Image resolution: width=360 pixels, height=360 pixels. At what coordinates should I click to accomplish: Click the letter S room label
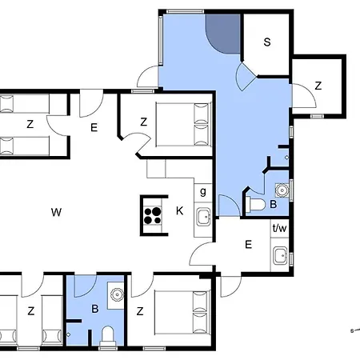coord(267,42)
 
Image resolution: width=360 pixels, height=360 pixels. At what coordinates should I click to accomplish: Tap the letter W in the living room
coord(56,212)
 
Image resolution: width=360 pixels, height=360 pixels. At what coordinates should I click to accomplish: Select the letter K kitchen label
coord(180,210)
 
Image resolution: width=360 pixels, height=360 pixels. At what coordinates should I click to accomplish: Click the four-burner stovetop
coord(153,216)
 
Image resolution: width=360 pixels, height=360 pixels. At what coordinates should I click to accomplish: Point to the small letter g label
coord(203,191)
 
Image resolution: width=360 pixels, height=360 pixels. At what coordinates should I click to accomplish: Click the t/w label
coord(280,228)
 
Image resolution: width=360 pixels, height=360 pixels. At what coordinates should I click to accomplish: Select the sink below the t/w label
coord(280,255)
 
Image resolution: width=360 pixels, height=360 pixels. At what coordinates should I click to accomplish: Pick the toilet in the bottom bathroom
coord(108,336)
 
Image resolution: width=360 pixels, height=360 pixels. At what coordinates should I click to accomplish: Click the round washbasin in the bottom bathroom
coord(117,294)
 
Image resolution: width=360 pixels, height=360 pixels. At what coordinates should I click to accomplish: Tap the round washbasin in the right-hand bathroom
coord(282,190)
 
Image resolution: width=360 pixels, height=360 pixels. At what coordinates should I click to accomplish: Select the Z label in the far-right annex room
coord(318,86)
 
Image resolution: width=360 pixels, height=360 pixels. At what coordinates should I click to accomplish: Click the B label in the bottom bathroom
coord(95,309)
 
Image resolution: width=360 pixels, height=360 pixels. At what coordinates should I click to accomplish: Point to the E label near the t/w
coord(248,244)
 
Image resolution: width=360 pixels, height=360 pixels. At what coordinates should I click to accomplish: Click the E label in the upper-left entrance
coord(94,127)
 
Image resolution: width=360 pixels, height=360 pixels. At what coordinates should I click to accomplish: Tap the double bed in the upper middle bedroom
coord(184,124)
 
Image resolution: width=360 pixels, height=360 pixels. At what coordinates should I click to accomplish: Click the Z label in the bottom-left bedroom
coord(31,311)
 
